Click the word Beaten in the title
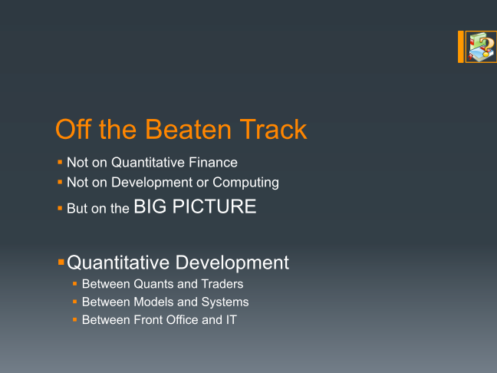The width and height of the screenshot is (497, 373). point(188,129)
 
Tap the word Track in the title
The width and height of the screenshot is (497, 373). point(273,129)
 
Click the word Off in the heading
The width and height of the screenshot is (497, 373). point(73,129)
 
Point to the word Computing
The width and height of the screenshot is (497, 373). point(245,183)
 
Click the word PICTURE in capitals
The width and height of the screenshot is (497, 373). point(214,206)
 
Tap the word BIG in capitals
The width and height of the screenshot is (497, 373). point(150,206)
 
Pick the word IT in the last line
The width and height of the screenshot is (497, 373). point(232,320)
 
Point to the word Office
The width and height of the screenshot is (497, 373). point(182,320)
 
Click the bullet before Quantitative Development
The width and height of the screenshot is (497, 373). point(61,262)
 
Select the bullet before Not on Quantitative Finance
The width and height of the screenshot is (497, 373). point(60,163)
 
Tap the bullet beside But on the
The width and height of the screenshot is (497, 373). point(60,209)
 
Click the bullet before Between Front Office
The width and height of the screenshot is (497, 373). point(75,320)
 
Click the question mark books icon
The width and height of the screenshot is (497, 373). point(481,47)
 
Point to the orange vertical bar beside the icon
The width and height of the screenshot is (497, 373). point(460,47)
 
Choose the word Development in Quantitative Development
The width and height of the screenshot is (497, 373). point(232,263)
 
